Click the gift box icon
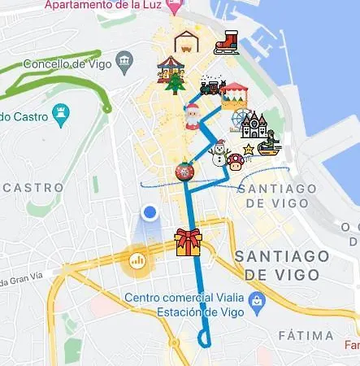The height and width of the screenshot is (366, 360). click(188, 242)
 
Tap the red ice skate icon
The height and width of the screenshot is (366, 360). click(226, 42)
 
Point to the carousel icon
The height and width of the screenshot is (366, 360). click(170, 65)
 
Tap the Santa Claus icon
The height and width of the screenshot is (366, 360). click(192, 116)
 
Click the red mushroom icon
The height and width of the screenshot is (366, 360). click(236, 161)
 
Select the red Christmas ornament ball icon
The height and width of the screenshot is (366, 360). click(184, 172)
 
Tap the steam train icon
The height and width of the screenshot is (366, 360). click(212, 85)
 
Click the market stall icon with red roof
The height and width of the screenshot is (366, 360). click(235, 95)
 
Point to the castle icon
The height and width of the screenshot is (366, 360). click(254, 127)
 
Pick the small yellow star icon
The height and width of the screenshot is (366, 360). click(248, 150)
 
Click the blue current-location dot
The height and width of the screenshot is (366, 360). click(149, 213)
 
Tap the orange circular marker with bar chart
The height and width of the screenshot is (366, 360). click(137, 261)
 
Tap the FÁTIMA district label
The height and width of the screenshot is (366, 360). click(305, 335)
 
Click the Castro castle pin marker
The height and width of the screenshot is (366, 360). click(59, 115)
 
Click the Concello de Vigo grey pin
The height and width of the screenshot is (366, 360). click(124, 60)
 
